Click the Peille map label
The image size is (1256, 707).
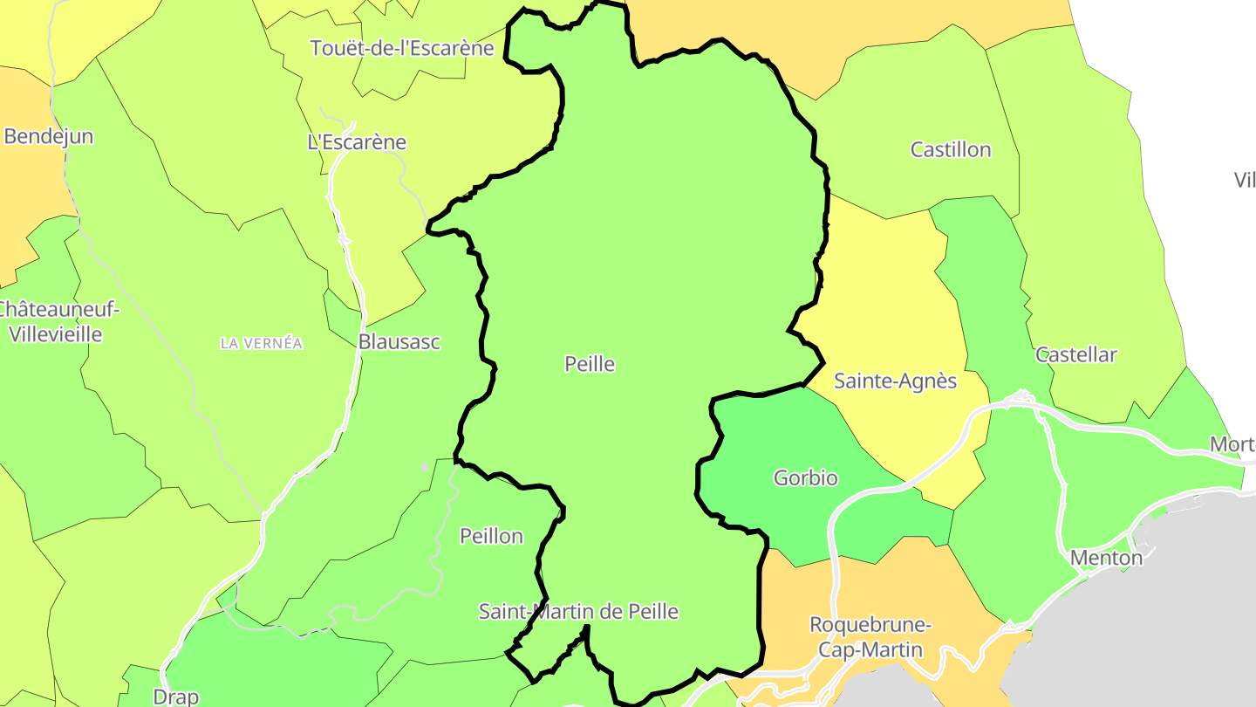pyautogui.click(x=590, y=364)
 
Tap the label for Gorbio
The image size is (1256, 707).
pyautogui.click(x=805, y=478)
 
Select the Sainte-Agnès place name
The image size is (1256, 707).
pyautogui.click(x=895, y=381)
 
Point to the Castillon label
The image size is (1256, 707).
pyautogui.click(x=951, y=149)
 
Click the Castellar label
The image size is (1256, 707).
pyautogui.click(x=1075, y=354)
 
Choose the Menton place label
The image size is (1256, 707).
pyautogui.click(x=1105, y=557)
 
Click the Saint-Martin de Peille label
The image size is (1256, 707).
pyautogui.click(x=578, y=612)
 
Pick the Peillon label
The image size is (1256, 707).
pyautogui.click(x=491, y=536)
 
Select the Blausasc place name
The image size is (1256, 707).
pyautogui.click(x=399, y=341)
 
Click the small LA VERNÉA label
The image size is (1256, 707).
pyautogui.click(x=262, y=344)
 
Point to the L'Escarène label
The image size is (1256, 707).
pyautogui.click(x=357, y=142)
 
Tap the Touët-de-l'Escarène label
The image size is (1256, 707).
pyautogui.click(x=402, y=48)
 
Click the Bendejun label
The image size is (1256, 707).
pyautogui.click(x=49, y=136)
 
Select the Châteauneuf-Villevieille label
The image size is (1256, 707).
pyautogui.click(x=56, y=321)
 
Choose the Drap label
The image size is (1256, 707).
pyautogui.click(x=175, y=697)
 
